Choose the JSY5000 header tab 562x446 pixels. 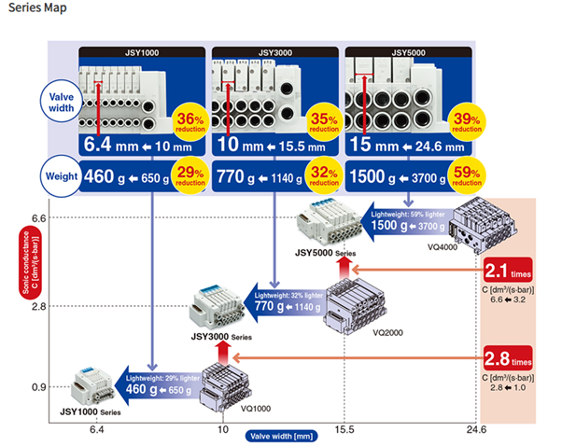(x=407, y=53)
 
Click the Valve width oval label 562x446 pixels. (x=57, y=103)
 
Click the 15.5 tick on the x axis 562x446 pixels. (x=345, y=428)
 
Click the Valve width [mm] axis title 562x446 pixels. (x=281, y=435)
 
